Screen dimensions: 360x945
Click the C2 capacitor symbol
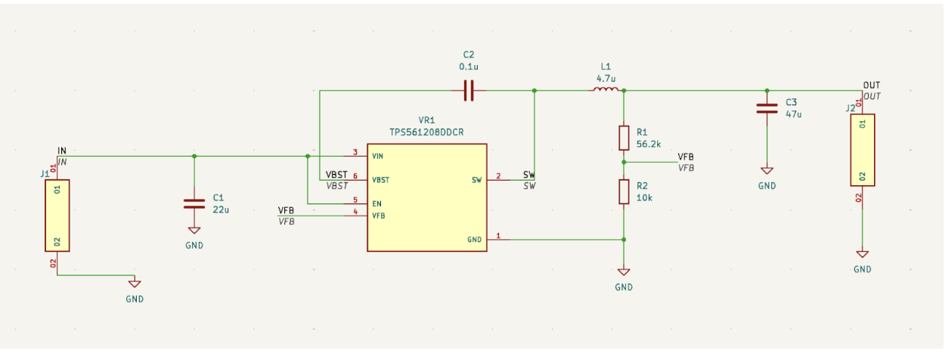tap(469, 91)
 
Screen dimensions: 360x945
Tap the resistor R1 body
tap(624, 138)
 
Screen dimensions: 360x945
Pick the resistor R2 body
tap(624, 192)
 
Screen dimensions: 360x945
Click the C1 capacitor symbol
tap(194, 203)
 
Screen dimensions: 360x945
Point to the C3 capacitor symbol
tap(767, 108)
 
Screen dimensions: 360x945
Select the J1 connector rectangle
tap(57, 216)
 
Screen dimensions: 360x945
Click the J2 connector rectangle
tap(863, 150)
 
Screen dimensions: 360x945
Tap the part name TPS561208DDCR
tap(426, 132)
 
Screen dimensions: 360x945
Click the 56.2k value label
tap(649, 144)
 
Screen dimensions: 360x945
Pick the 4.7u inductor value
tap(606, 78)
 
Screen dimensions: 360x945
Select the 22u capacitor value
tap(221, 209)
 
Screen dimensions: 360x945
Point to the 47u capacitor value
tap(793, 114)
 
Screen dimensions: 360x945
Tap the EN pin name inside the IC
tap(376, 203)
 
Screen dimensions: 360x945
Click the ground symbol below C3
tap(767, 172)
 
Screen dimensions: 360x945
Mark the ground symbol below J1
tap(135, 284)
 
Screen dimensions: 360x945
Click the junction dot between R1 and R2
tap(624, 162)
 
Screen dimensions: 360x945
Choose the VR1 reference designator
tap(426, 120)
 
